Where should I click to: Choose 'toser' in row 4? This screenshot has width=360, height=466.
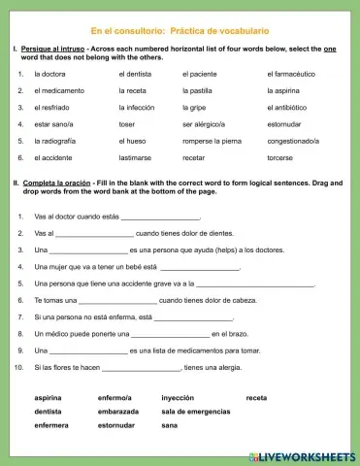click(x=126, y=124)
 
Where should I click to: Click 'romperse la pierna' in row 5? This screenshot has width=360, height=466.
click(x=213, y=141)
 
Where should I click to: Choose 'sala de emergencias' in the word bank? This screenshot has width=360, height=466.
click(x=197, y=412)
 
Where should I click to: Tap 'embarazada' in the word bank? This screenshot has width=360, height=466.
click(x=117, y=412)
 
